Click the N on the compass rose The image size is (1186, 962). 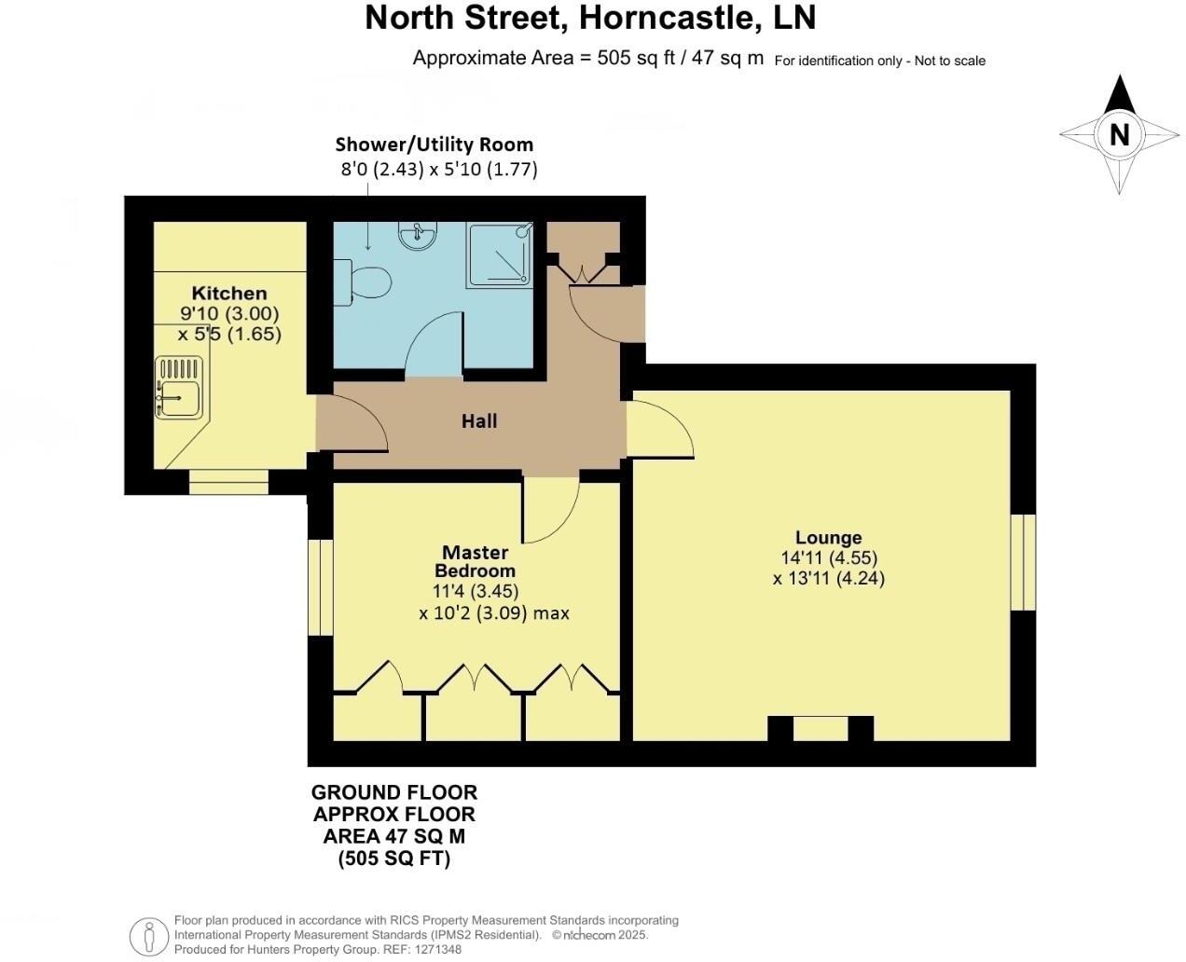(1119, 134)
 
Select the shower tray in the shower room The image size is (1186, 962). (500, 254)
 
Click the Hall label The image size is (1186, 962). (479, 421)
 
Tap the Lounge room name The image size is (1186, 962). (828, 538)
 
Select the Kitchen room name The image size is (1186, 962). (229, 294)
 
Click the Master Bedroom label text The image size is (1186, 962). (476, 562)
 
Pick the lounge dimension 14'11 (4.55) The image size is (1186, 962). (829, 558)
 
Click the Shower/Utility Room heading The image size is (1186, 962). (434, 144)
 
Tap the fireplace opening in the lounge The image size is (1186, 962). (821, 728)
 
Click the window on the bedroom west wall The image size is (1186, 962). (320, 587)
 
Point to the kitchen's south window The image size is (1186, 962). (228, 481)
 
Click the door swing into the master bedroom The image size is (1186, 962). (551, 509)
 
